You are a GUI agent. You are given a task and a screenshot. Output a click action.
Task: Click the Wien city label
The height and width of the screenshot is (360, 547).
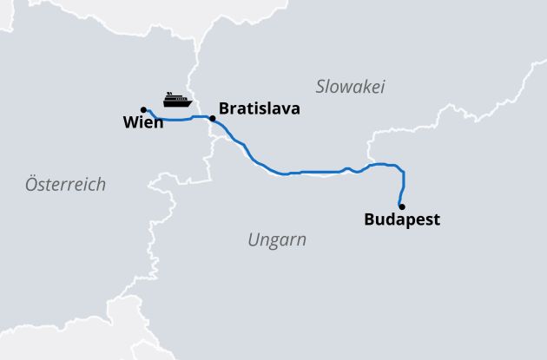pyautogui.click(x=143, y=124)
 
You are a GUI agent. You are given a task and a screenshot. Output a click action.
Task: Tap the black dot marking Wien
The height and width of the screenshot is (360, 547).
pyautogui.click(x=143, y=110)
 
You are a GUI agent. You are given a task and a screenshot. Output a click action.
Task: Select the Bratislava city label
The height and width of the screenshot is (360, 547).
pyautogui.click(x=260, y=109)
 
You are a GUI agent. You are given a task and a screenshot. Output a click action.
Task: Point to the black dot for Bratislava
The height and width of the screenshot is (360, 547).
pyautogui.click(x=213, y=117)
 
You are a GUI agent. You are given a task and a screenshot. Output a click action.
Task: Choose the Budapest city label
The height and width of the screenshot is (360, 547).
pyautogui.click(x=402, y=219)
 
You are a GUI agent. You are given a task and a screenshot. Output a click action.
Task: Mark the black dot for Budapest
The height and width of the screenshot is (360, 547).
pyautogui.click(x=401, y=206)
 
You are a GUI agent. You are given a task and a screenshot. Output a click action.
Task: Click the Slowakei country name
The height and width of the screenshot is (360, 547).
pyautogui.click(x=350, y=87)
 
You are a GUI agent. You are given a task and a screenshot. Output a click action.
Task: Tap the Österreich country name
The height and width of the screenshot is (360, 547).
pyautogui.click(x=65, y=184)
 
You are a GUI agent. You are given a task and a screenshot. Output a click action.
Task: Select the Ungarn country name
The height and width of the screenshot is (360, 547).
pyautogui.click(x=277, y=239)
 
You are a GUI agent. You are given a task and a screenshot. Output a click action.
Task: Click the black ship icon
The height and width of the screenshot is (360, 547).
pyautogui.click(x=176, y=99)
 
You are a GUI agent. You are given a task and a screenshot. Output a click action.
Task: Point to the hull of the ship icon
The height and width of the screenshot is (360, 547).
pyautogui.click(x=176, y=103)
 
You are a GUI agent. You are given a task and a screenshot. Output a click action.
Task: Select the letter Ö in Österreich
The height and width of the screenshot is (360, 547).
pyautogui.click(x=31, y=184)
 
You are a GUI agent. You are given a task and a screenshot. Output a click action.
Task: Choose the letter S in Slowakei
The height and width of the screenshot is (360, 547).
pyautogui.click(x=320, y=87)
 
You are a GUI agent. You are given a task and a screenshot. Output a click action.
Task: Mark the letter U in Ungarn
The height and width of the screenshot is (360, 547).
pyautogui.click(x=254, y=239)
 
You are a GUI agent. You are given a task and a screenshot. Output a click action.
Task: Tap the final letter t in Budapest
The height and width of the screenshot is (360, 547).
pyautogui.click(x=437, y=219)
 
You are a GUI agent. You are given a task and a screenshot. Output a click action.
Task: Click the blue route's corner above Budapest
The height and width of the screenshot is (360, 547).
pyautogui.click(x=400, y=167)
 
